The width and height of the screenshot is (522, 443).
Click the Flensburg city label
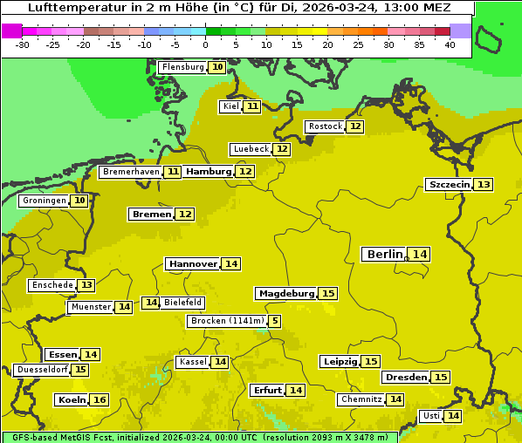[182, 67]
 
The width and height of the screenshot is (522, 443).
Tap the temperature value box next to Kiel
[252, 106]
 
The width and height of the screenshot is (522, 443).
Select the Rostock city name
[325, 126]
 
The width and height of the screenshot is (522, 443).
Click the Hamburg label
[209, 172]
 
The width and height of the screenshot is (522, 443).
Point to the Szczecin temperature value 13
[484, 184]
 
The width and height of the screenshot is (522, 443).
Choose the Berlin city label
[384, 254]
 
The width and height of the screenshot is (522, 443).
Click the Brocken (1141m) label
[226, 321]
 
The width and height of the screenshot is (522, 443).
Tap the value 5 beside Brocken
[275, 321]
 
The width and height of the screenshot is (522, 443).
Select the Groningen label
[45, 201]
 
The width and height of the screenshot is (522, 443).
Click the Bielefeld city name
[183, 303]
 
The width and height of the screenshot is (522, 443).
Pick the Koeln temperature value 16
[100, 399]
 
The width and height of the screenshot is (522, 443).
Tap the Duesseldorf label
[42, 370]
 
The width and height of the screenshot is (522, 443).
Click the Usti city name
[430, 416]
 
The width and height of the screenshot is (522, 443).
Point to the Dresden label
[405, 377]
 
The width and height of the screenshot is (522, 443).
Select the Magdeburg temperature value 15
[327, 293]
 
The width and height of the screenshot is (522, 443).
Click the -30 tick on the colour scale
[23, 44]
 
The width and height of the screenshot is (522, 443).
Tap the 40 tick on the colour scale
[450, 44]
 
